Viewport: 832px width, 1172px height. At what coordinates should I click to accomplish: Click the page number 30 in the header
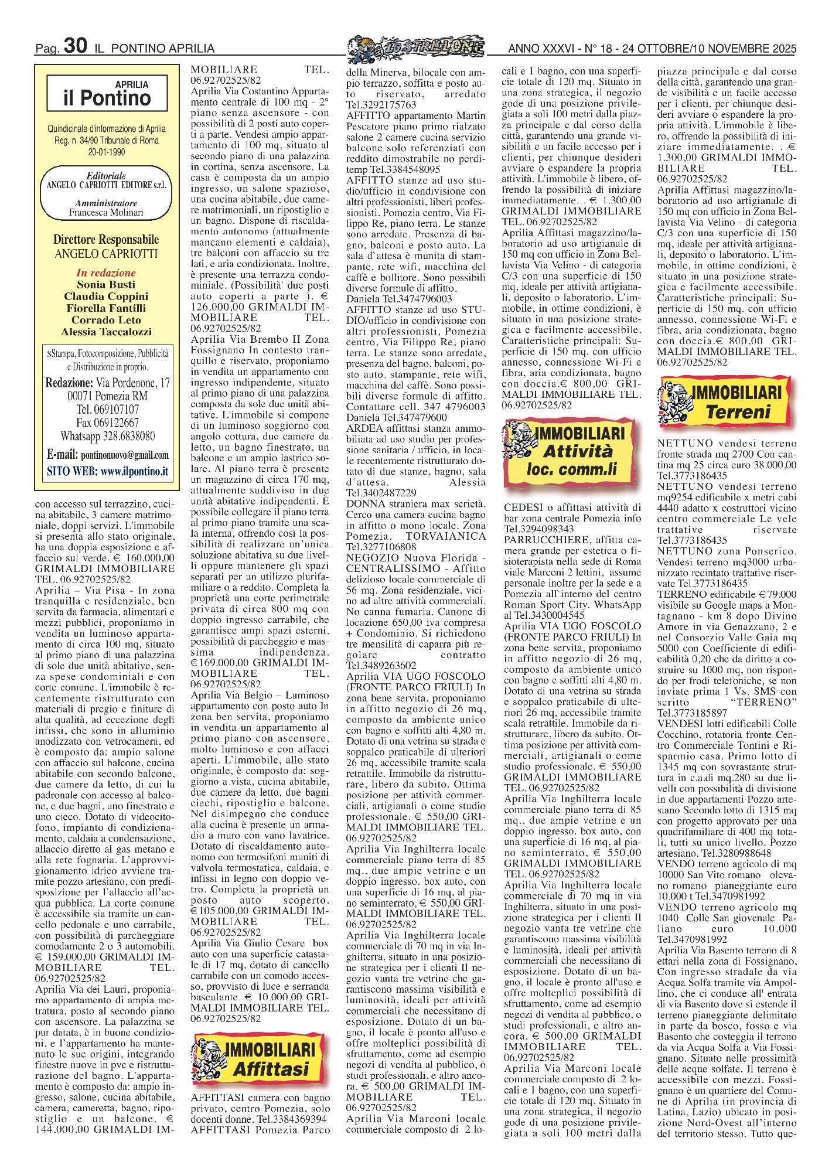pos(76,46)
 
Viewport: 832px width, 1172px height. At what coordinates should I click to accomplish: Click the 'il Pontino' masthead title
pos(107,98)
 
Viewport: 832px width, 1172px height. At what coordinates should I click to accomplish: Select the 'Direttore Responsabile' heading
pos(106,240)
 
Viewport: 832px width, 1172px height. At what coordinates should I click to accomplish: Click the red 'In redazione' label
pos(106,272)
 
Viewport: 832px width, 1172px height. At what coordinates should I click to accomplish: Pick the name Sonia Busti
pos(106,284)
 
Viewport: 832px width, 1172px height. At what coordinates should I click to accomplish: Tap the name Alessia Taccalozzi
pos(106,332)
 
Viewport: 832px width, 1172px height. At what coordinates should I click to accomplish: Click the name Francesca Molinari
pos(106,213)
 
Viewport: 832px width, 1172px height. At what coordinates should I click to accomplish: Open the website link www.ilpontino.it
pos(134,471)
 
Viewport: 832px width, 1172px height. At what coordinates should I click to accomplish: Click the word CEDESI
pos(522,507)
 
